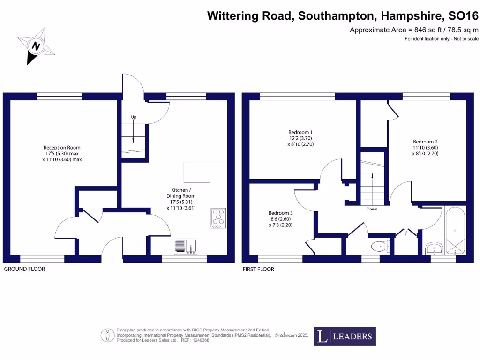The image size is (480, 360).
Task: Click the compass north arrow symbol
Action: (36, 45)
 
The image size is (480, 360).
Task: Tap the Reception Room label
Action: (62, 153)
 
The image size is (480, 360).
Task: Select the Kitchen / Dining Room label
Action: (181, 199)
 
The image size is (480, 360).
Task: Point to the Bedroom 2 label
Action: (425, 147)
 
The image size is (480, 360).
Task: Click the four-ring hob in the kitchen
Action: (218, 218)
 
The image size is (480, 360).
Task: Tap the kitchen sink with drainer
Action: (186, 246)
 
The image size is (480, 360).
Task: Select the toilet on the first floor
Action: (380, 246)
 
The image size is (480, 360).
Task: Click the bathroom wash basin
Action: (435, 248)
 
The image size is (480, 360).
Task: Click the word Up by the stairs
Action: (134, 117)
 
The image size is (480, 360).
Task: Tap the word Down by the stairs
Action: (372, 209)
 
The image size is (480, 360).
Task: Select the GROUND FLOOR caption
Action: (24, 269)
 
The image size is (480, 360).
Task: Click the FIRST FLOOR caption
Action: (258, 269)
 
